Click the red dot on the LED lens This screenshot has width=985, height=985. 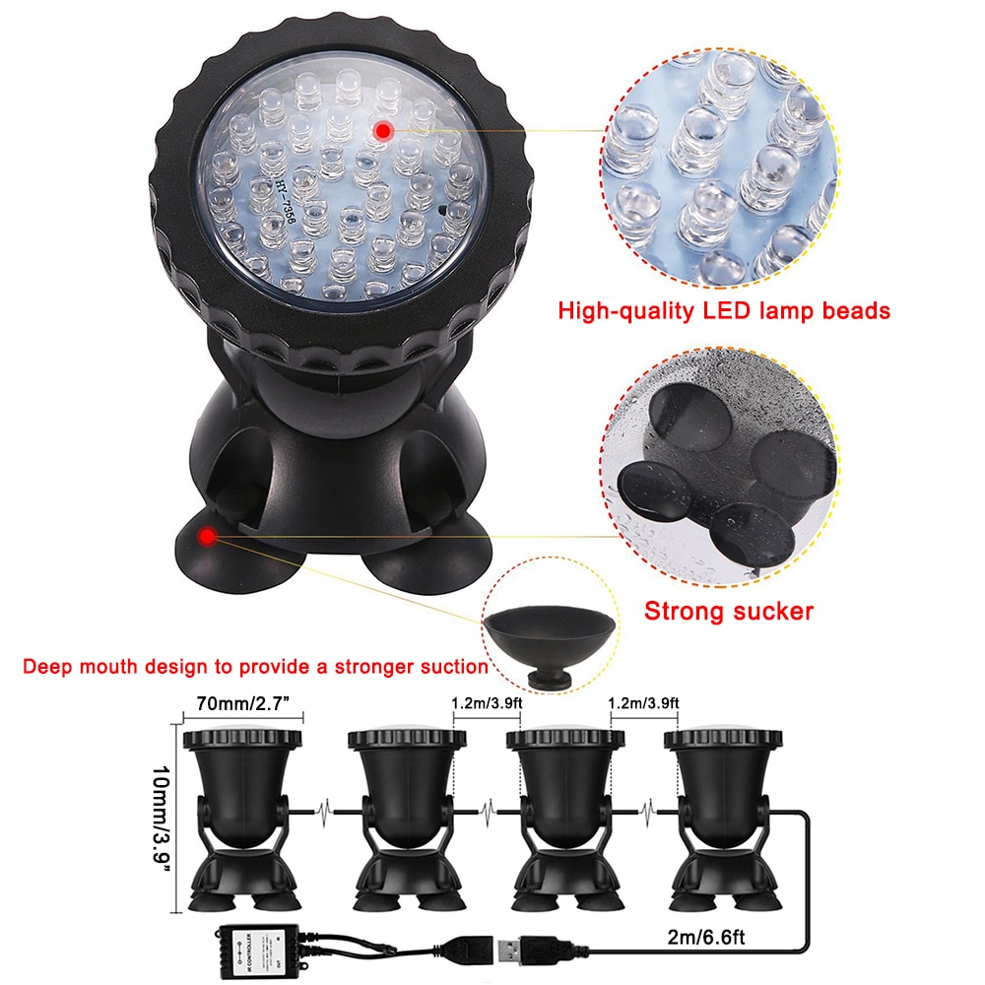coord(382,130)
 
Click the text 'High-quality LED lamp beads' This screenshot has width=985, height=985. coord(724,311)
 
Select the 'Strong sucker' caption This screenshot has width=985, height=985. coord(729,612)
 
